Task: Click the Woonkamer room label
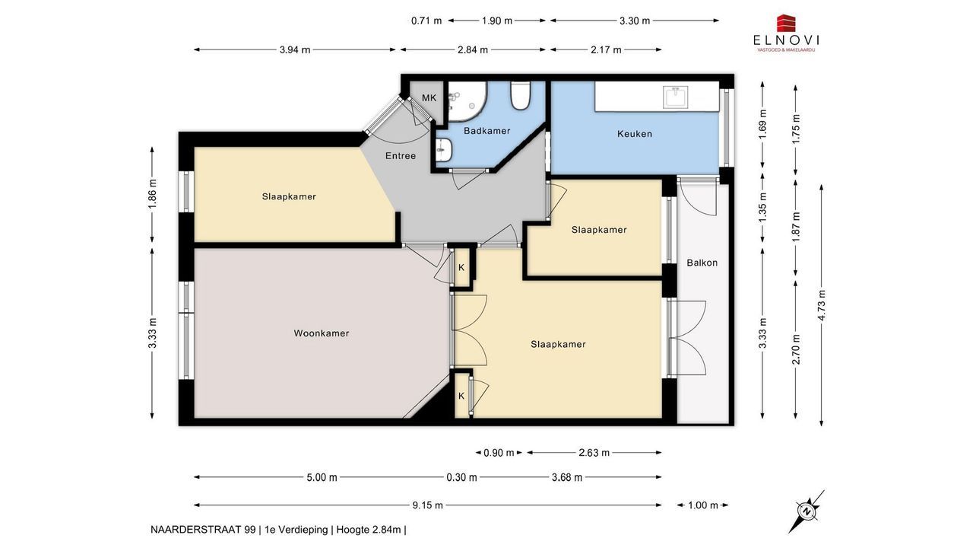click(322, 333)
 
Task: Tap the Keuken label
click(635, 134)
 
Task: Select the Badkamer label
click(487, 130)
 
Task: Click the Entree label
click(401, 156)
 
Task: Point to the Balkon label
click(702, 263)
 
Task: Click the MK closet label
click(429, 98)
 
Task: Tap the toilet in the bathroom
click(521, 96)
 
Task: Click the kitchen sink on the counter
click(675, 97)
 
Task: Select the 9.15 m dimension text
click(427, 505)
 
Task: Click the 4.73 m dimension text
click(821, 305)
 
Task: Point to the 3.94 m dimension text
click(295, 49)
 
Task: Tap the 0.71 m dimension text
click(426, 21)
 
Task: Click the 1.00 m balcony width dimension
click(703, 505)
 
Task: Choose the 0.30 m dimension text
click(461, 477)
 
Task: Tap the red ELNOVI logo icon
click(786, 24)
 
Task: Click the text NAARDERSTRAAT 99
click(203, 530)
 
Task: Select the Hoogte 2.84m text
click(369, 530)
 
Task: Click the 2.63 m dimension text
click(594, 453)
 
